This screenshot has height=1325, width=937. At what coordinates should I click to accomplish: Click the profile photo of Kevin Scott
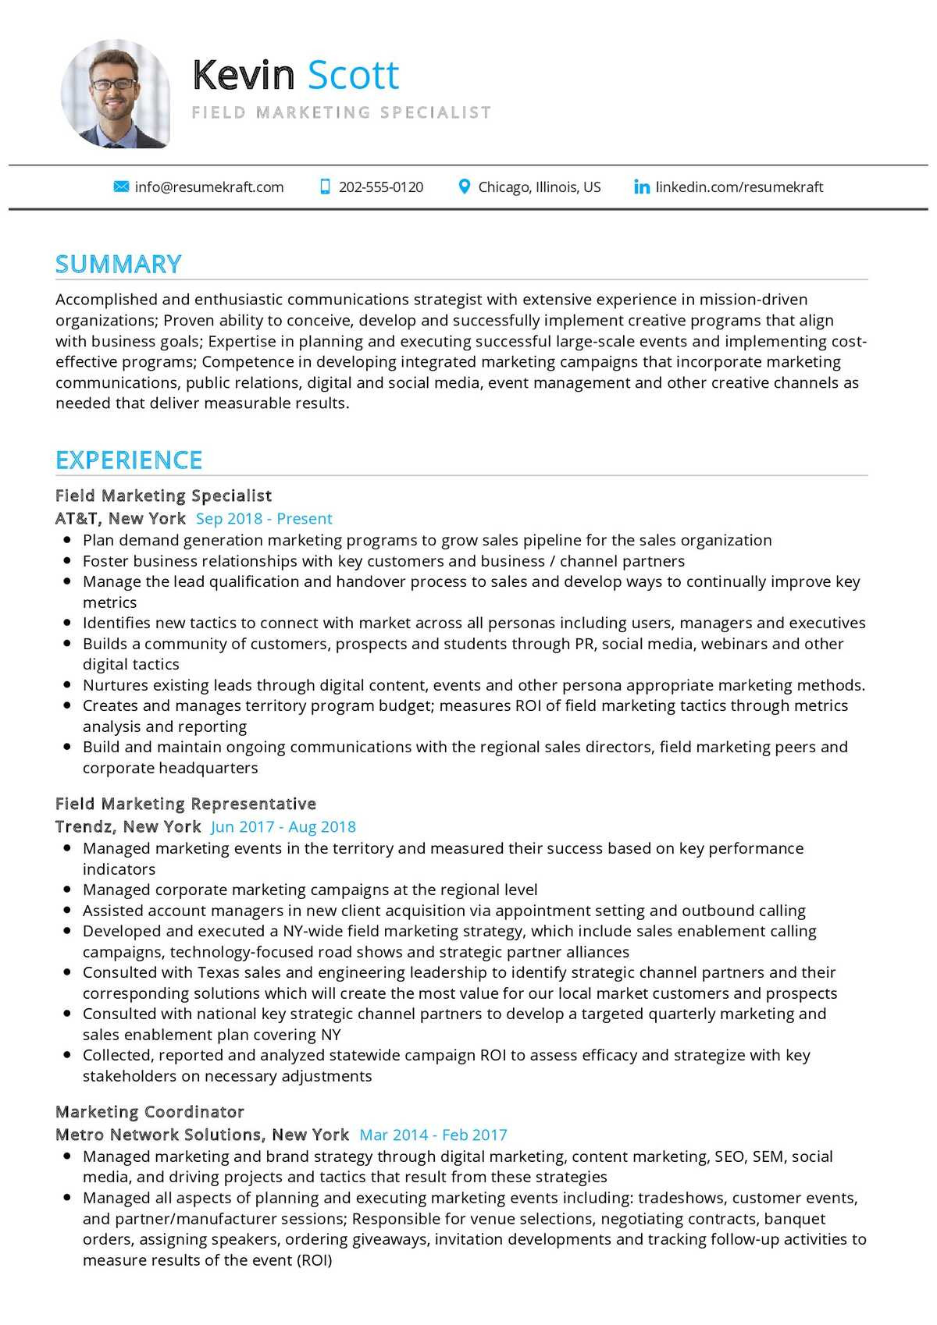point(116,94)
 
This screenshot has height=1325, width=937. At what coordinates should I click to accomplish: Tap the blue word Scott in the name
point(353,76)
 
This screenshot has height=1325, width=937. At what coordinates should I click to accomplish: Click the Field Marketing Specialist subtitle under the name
point(341,112)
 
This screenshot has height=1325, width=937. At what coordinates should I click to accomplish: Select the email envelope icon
point(121,187)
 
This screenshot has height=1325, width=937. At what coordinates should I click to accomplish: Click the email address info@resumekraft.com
point(208,187)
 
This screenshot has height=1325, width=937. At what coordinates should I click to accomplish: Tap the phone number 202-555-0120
point(380,187)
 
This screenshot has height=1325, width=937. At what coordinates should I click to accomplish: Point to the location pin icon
point(464,187)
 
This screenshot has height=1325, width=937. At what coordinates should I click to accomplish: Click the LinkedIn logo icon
point(642,187)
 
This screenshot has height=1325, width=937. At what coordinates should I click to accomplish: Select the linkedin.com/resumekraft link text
point(739,187)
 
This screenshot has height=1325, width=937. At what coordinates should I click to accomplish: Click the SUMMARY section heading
point(119,265)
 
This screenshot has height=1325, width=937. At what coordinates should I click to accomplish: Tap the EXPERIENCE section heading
point(129,460)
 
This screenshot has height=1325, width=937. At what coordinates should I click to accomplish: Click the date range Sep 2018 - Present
point(264,519)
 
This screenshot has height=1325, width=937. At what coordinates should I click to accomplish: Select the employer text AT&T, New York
point(120,519)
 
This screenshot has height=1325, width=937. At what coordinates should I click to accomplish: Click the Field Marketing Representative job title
point(186,804)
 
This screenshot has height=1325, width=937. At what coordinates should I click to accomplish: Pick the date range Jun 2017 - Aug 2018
point(283,827)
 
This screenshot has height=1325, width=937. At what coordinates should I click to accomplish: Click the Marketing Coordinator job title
point(150,1112)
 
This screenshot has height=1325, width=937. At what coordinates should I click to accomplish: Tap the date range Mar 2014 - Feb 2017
point(433,1135)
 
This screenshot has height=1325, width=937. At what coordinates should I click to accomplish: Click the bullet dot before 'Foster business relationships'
point(67,561)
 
